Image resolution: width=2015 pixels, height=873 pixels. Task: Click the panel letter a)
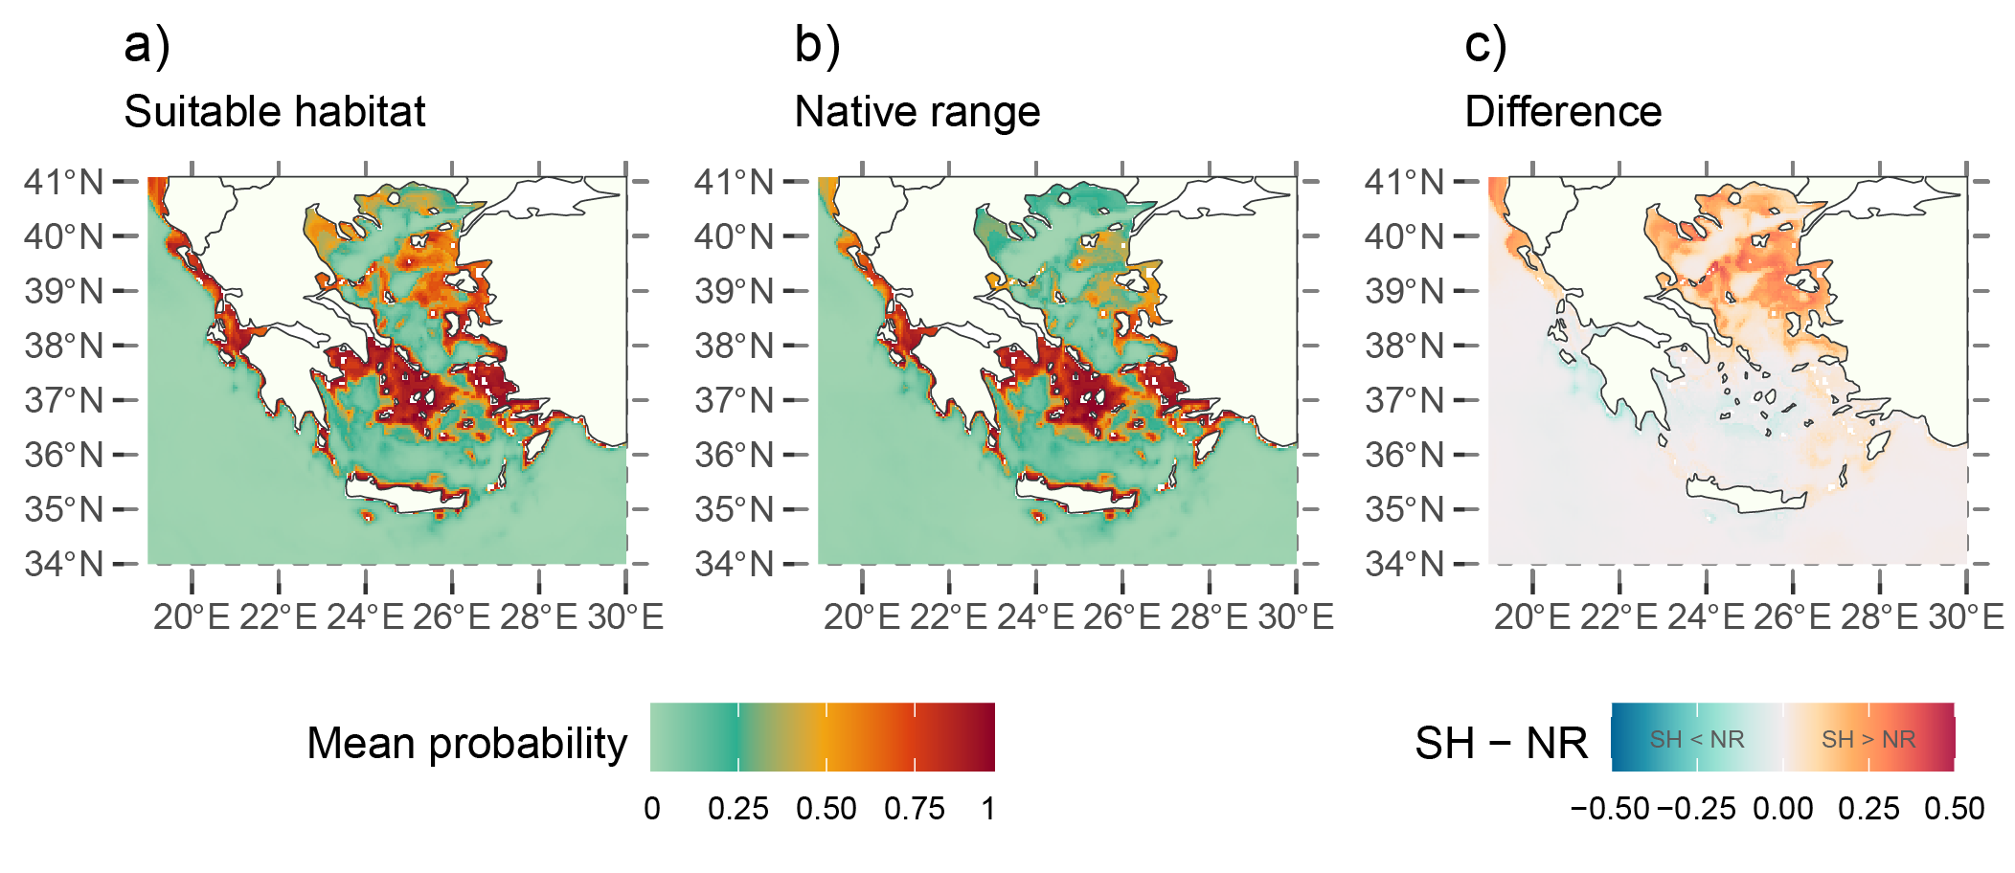click(x=147, y=45)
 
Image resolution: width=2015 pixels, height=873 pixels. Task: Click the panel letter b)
click(x=817, y=45)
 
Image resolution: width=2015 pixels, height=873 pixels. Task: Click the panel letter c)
click(x=1485, y=45)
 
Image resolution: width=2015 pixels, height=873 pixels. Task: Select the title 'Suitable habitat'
click(x=274, y=112)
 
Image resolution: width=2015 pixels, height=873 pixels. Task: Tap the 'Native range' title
click(x=917, y=112)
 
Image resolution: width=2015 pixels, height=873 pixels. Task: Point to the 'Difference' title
click(x=1563, y=112)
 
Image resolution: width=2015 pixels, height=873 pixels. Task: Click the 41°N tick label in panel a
click(x=63, y=181)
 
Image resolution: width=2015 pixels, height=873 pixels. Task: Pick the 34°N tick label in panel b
click(x=734, y=564)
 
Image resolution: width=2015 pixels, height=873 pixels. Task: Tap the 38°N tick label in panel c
click(x=1404, y=346)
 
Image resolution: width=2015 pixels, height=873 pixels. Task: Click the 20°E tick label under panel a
click(x=192, y=617)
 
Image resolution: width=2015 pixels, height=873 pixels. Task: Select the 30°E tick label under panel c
click(x=1966, y=617)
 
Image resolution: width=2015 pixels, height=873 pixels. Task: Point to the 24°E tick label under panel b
click(x=1035, y=617)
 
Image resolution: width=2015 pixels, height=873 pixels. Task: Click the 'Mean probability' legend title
click(x=466, y=743)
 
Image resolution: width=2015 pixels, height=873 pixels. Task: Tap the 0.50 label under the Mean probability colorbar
click(x=826, y=809)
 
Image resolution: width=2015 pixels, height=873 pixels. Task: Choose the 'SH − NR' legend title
click(x=1501, y=743)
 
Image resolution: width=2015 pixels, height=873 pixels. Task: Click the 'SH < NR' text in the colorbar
click(x=1696, y=739)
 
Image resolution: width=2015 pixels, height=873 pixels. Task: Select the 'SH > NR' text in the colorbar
click(x=1868, y=739)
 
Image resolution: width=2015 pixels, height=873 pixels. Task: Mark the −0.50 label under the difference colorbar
click(x=1610, y=809)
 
